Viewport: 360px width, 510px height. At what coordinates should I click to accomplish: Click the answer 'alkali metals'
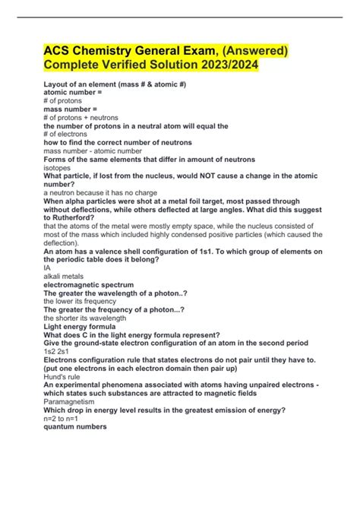[x=65, y=277]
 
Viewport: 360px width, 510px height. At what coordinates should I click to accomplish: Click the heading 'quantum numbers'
[x=75, y=427]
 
